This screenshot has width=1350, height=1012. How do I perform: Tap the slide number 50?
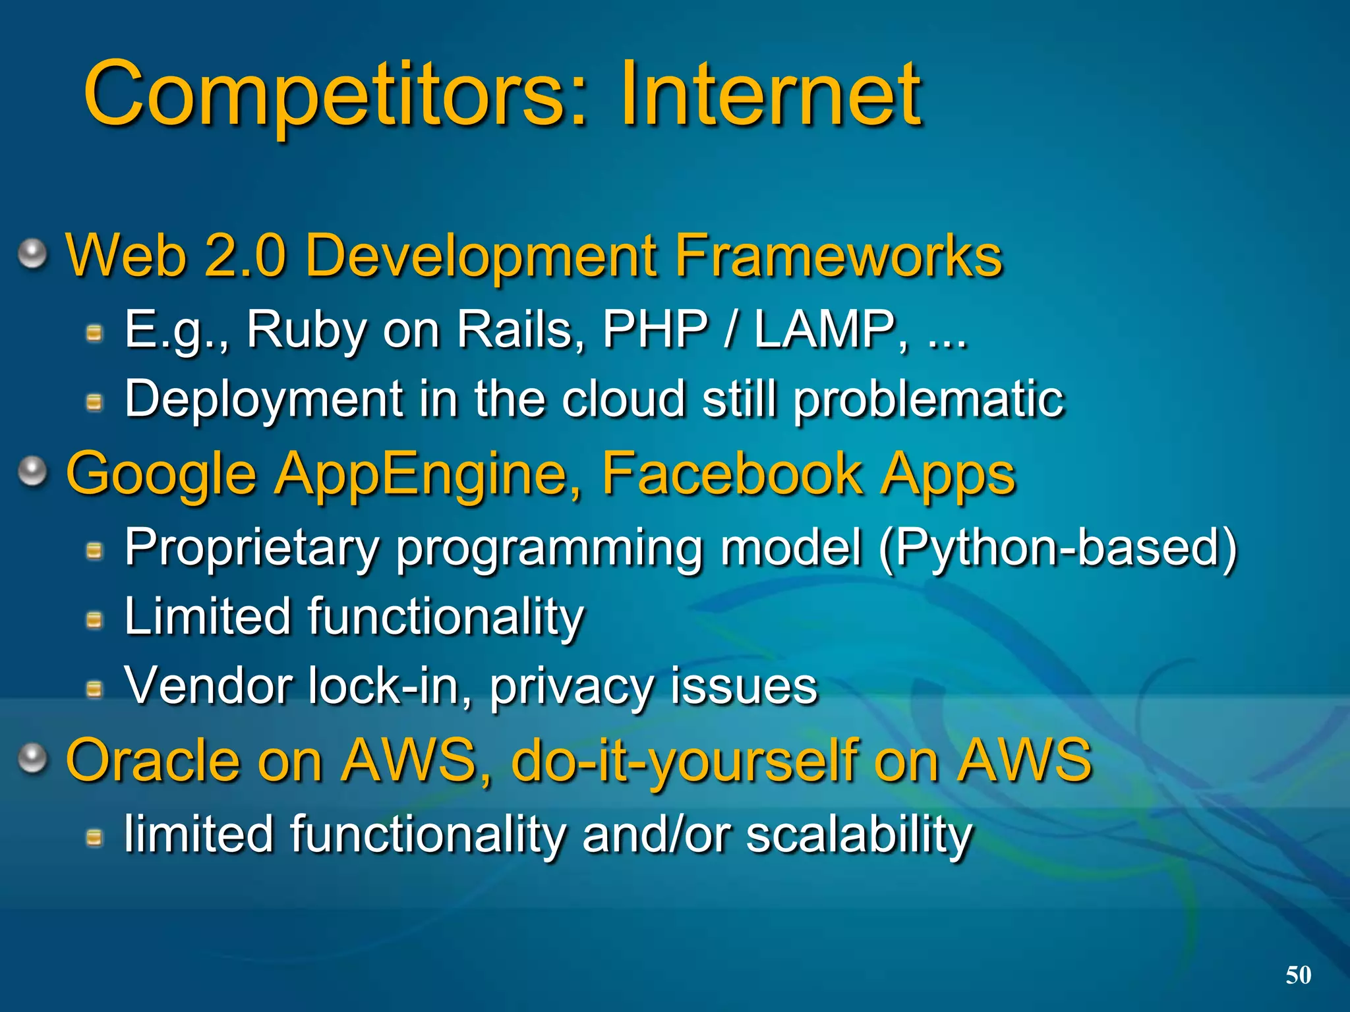(x=1298, y=975)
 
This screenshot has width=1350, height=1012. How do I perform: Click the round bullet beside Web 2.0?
(x=32, y=254)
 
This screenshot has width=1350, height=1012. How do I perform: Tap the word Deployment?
(x=264, y=399)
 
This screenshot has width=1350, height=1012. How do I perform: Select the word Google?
(x=161, y=474)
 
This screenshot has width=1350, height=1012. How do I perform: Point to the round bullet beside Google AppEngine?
(x=32, y=472)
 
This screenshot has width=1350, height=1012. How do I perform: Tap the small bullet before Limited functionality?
(x=95, y=619)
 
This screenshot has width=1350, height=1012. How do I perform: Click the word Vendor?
(x=208, y=686)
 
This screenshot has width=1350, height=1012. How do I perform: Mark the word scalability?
(x=858, y=835)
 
